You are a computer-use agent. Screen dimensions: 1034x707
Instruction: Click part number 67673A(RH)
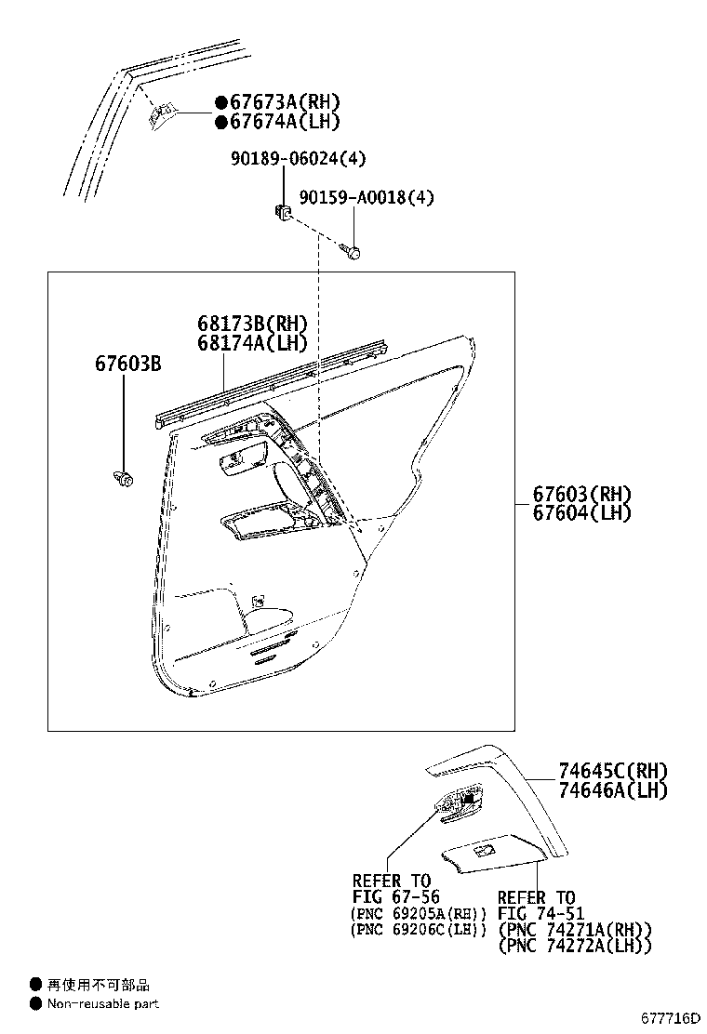tap(277, 102)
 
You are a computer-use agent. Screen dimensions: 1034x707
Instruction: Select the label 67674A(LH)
tap(277, 121)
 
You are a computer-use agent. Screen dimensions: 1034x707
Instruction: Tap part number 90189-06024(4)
tap(298, 159)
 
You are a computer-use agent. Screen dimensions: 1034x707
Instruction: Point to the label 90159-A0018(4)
tap(367, 197)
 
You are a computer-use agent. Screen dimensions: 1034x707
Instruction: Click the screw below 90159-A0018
tap(352, 250)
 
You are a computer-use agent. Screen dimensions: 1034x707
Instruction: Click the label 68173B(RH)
tap(251, 324)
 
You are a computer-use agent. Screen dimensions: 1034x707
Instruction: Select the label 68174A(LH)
tap(251, 343)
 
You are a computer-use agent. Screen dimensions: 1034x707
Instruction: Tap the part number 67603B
tap(127, 363)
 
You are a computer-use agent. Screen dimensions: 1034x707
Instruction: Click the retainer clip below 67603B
tap(122, 479)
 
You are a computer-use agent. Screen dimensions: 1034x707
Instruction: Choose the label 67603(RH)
tap(581, 494)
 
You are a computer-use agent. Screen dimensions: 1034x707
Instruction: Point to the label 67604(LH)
tap(581, 512)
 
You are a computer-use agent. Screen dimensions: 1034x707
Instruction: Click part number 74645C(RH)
tap(613, 771)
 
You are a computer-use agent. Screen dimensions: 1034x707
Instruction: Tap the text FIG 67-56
tap(395, 897)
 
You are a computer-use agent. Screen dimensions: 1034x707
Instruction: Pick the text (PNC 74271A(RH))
tap(575, 930)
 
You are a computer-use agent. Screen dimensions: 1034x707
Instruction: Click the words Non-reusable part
tap(103, 1004)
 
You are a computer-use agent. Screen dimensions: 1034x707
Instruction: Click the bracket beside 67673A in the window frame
tap(162, 114)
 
